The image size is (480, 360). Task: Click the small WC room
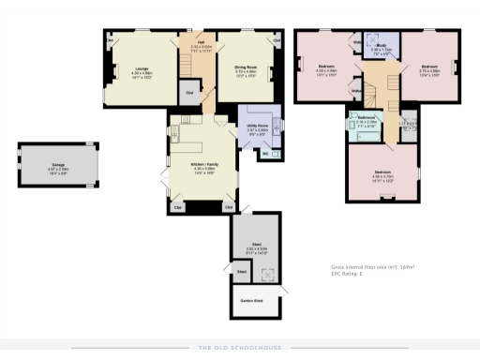coord(266,154)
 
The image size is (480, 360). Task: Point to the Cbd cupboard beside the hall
coord(189,92)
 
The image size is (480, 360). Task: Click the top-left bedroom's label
coord(325,67)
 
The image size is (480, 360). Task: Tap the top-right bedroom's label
coord(428,67)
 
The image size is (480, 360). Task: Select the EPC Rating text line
coord(348,274)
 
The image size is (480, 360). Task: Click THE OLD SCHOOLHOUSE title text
coord(239,348)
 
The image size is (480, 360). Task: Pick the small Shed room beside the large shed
coord(241,273)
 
